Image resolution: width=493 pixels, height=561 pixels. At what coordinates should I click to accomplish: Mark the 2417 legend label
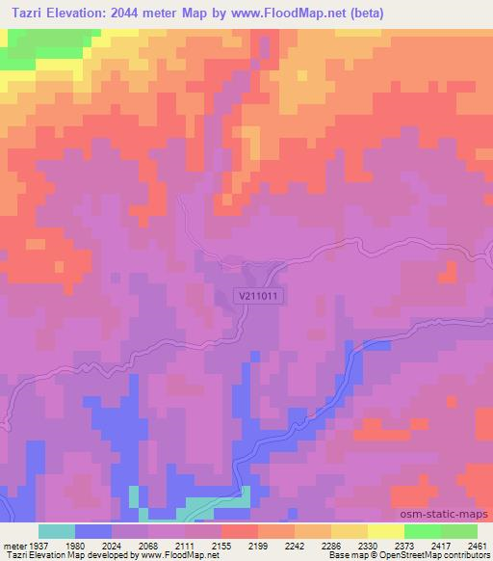pos(435,545)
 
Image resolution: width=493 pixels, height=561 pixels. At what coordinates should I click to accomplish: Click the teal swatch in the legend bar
pos(57,531)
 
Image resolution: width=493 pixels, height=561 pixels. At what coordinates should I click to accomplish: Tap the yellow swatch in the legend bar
pos(386,531)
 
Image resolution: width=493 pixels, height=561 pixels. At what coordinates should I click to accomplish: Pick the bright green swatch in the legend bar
pos(423,531)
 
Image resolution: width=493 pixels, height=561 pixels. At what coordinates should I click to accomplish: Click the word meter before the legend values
pos(12,545)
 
